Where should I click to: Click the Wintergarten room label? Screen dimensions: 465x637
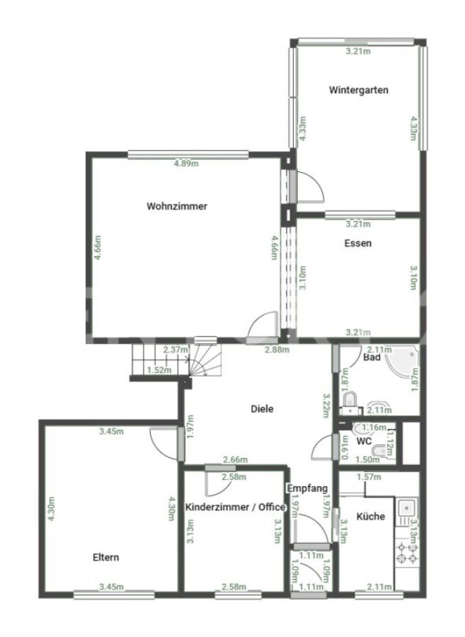359,90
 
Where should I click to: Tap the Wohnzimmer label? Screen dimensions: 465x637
177,206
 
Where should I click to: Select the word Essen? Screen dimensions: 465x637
358,243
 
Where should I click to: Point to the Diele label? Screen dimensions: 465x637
262,408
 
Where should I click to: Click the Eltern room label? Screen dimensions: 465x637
106,557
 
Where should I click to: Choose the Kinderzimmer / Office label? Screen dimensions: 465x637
235,507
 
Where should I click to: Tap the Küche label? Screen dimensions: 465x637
371,517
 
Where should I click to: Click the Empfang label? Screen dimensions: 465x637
307,488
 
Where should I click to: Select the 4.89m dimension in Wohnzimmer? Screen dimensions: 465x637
186,163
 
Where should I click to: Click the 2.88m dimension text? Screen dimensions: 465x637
277,350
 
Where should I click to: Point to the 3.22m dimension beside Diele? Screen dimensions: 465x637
326,405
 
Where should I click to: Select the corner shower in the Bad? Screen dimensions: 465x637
403,364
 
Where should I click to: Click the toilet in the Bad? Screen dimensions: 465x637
349,400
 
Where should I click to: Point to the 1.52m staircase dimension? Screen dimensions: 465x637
159,369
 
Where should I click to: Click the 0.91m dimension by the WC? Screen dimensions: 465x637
345,447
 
